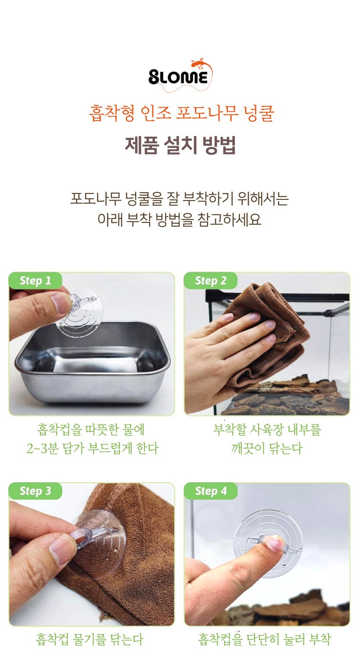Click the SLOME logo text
tap(178, 77)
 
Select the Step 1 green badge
tap(35, 281)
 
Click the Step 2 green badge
tap(210, 281)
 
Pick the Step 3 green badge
tap(35, 491)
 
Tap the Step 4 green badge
tap(210, 491)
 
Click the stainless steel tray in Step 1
tap(93, 363)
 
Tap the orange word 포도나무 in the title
tap(207, 114)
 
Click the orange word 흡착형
tap(112, 114)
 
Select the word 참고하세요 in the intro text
tap(229, 219)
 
